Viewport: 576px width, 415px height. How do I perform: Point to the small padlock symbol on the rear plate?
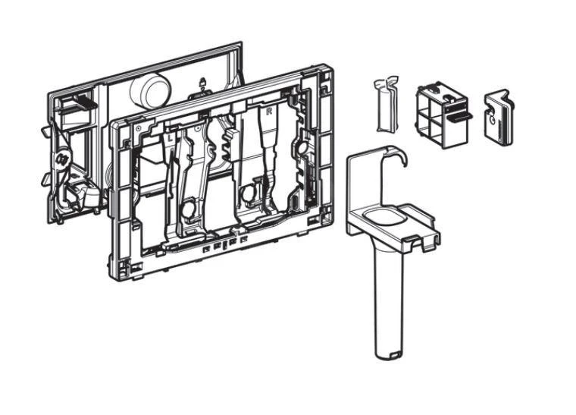coord(202,83)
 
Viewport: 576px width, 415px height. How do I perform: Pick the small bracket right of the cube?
coord(497,115)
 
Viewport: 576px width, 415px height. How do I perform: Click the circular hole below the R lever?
coord(249,196)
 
